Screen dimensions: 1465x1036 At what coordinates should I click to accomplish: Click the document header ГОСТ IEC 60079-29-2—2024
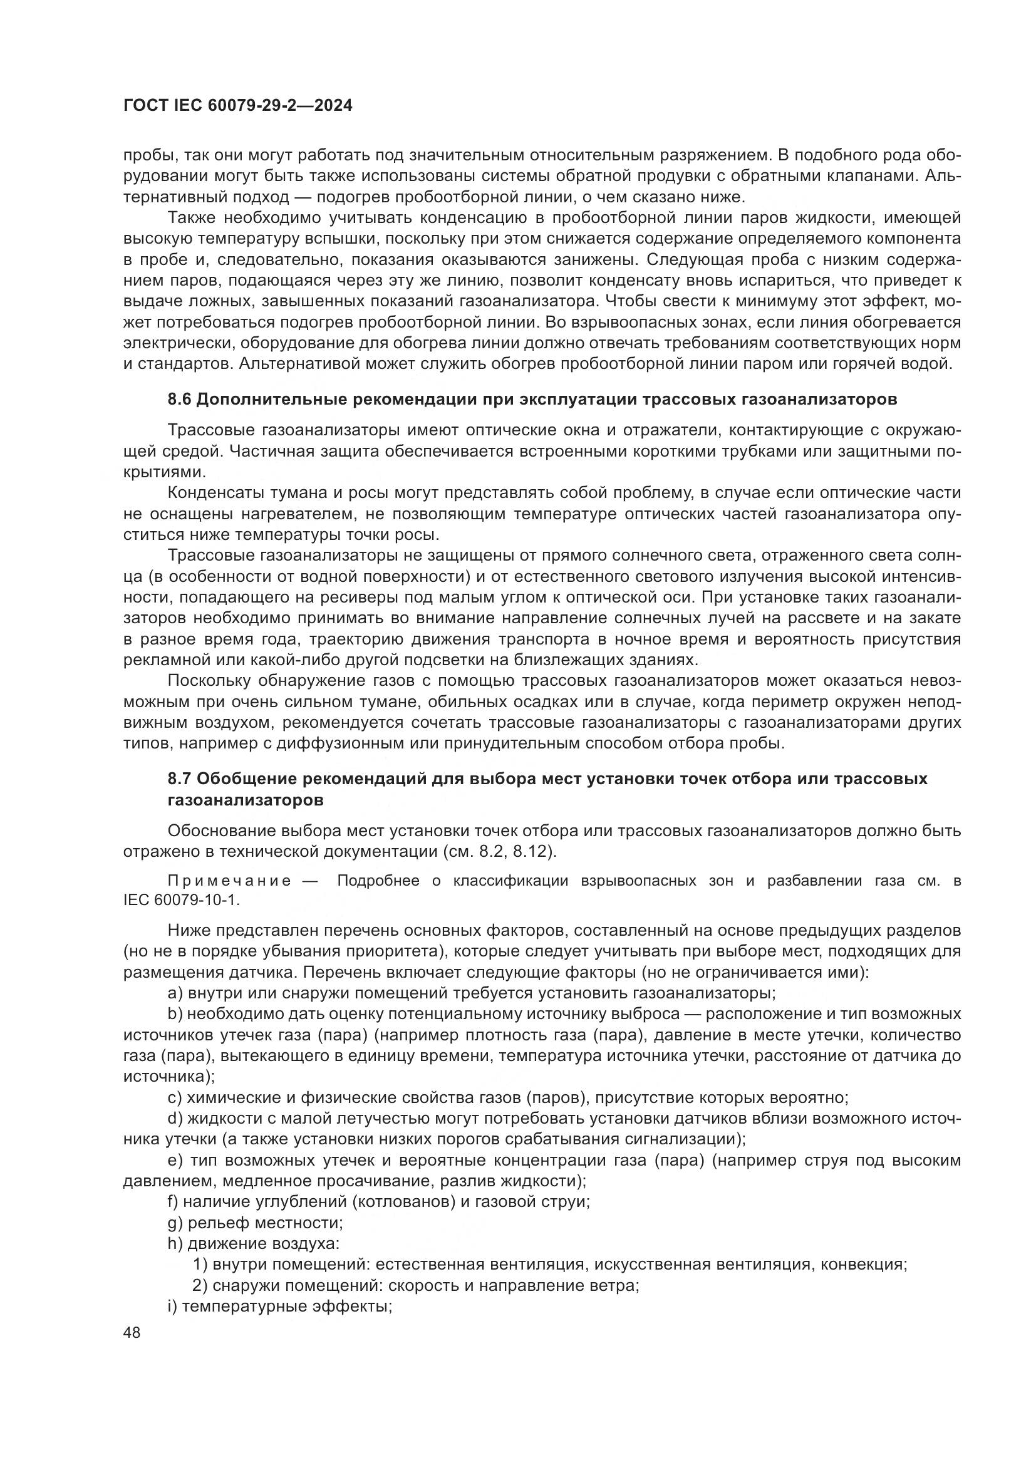click(237, 106)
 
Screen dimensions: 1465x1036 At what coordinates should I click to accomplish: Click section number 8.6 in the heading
click(179, 400)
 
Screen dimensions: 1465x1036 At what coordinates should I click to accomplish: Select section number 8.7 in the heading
click(179, 779)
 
